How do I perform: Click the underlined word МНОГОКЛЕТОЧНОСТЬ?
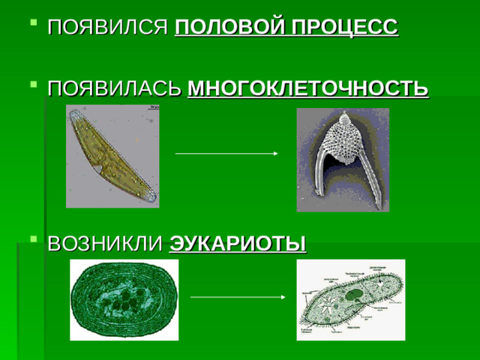[x=307, y=90]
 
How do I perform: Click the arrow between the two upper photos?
[x=226, y=154]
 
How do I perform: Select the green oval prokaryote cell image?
[x=124, y=299]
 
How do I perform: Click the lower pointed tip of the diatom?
[x=152, y=198]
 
